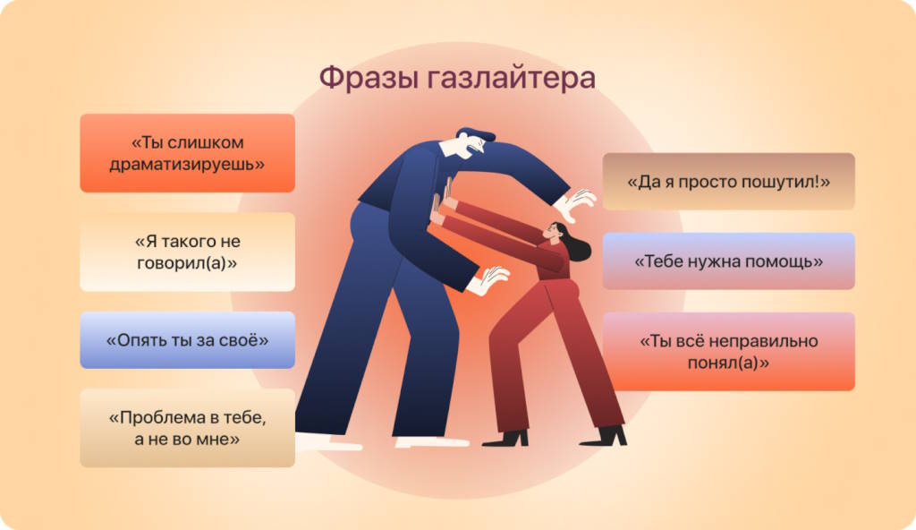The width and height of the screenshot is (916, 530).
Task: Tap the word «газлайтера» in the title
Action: (512, 78)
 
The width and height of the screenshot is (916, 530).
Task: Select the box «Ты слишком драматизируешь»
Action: (187, 153)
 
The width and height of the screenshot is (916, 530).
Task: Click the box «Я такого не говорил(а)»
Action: (187, 252)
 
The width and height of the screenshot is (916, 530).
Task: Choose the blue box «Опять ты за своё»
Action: (187, 340)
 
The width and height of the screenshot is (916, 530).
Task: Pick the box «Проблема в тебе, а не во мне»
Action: (187, 428)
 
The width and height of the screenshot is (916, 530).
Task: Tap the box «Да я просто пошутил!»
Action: (728, 182)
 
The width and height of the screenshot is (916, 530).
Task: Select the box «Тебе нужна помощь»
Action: (728, 261)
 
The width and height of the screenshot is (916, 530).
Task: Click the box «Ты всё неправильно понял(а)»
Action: (728, 351)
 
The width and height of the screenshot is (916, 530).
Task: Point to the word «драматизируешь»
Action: (187, 165)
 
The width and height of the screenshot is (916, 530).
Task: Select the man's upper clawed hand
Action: (574, 204)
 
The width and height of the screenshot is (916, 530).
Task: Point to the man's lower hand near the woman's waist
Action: (488, 279)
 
